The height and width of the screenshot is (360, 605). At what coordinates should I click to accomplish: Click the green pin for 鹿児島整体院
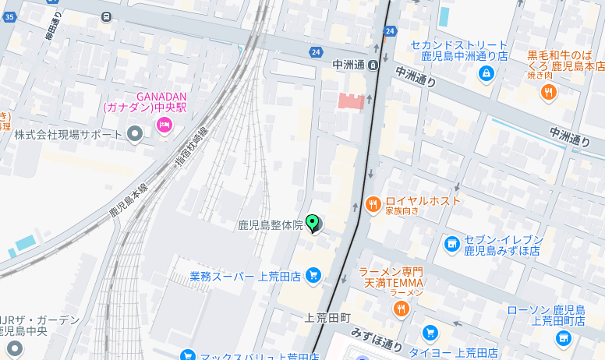click(313, 224)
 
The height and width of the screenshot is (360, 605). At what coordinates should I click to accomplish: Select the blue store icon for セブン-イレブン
click(451, 244)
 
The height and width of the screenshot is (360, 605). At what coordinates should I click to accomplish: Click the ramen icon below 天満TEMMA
click(402, 309)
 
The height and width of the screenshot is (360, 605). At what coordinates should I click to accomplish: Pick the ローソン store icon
click(563, 337)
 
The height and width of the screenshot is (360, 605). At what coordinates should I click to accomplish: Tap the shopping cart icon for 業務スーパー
click(313, 275)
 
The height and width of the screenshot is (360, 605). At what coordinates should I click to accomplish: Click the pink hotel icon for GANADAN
click(164, 125)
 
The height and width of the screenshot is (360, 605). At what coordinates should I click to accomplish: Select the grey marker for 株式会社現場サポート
click(135, 135)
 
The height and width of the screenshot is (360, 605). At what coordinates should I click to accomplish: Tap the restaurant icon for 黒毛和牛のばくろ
click(549, 93)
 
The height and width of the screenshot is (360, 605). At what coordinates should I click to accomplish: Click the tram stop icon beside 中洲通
click(373, 65)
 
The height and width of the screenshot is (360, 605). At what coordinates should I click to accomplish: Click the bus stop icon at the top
click(106, 16)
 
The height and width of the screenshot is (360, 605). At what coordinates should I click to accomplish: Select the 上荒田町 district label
click(328, 318)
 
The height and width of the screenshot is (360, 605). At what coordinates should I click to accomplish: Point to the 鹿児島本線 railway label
click(128, 199)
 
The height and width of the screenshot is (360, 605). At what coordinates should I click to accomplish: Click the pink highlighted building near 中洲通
click(352, 101)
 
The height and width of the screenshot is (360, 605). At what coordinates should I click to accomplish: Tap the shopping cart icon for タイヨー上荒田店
click(428, 333)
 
